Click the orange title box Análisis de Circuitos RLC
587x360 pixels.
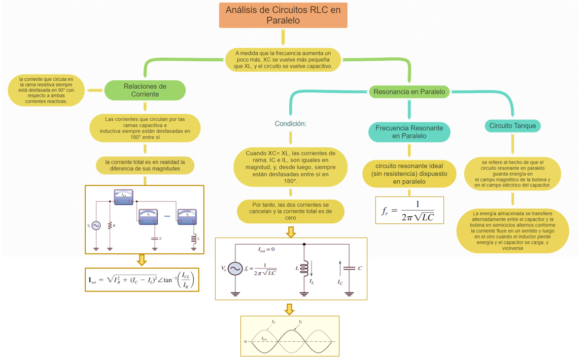283,15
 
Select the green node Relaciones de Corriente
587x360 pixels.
145,90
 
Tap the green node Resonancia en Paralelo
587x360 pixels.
409,92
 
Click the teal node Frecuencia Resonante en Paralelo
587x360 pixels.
409,132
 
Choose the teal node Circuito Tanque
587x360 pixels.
512,126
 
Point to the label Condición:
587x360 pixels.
291,124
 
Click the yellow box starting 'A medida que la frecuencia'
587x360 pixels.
283,59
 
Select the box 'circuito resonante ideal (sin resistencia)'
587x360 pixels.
409,173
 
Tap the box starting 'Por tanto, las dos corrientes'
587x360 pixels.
291,211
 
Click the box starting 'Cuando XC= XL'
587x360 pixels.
291,167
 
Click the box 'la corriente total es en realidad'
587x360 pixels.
145,165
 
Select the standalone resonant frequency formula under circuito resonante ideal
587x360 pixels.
409,210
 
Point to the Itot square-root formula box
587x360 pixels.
142,280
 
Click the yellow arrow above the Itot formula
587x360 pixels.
142,260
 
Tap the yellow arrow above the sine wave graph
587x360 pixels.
289,309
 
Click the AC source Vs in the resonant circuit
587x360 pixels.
235,269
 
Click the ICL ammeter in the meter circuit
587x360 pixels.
123,197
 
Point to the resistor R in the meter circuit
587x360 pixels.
110,225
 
